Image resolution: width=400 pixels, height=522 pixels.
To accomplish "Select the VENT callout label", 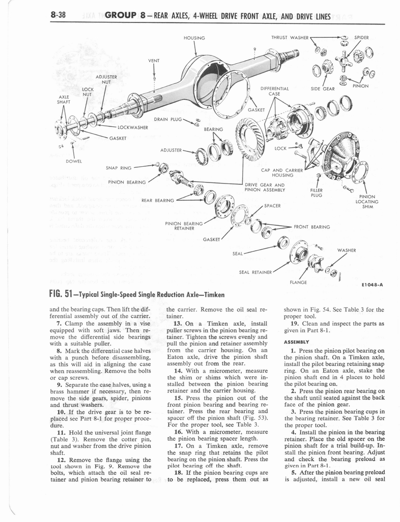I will click(x=154, y=60).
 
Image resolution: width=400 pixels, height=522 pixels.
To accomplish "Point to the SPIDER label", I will click(x=361, y=38).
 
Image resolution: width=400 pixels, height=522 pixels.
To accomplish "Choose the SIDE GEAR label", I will click(x=322, y=88).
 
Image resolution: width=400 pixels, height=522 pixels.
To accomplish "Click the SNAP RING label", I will click(x=119, y=167).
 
